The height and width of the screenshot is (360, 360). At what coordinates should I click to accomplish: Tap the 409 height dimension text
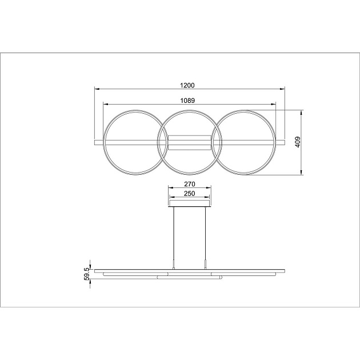tap(298, 142)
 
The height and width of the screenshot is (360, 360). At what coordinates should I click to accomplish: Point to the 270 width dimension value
tap(190, 185)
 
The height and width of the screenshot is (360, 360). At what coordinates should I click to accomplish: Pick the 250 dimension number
tap(190, 194)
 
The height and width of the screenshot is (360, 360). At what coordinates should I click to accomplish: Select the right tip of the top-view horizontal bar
tap(284, 141)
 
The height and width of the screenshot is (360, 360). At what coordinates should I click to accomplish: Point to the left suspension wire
tap(174, 234)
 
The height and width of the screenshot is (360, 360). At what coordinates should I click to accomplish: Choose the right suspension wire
tap(206, 234)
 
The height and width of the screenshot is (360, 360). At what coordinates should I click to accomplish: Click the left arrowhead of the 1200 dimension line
tap(97, 89)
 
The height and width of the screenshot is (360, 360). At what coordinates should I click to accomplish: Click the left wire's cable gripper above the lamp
tap(174, 265)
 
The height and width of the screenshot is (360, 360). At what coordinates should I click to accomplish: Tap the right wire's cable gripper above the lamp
tap(206, 265)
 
